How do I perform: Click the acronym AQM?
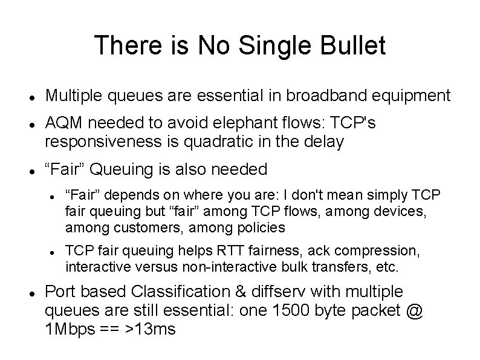click(64, 125)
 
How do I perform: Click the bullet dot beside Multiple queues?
click(30, 97)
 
